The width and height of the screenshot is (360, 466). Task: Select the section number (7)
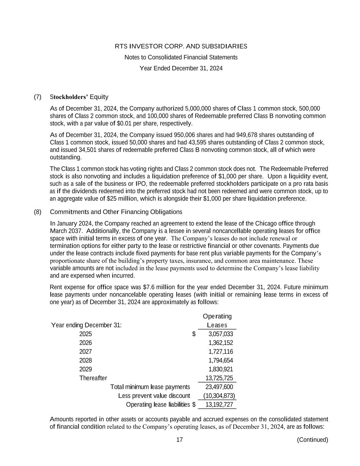[x=38, y=97]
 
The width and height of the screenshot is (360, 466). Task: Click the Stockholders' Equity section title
[x=79, y=97]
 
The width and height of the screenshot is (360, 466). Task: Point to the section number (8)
[x=38, y=212]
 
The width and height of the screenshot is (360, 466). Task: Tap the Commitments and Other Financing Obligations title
[x=116, y=212]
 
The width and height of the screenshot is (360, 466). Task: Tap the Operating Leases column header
[x=217, y=321]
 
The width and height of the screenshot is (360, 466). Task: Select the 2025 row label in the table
[x=86, y=334]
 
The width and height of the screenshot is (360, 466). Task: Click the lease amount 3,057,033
[x=220, y=334]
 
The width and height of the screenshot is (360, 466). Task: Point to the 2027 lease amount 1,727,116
[x=220, y=352]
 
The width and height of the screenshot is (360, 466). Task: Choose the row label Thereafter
[x=93, y=378]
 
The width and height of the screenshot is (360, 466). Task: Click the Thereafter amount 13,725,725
[x=219, y=378]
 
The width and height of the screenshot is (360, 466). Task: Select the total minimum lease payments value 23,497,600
[x=219, y=387]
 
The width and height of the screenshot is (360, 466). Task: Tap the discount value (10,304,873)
[x=219, y=396]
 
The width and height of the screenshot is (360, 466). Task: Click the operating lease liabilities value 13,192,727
[x=219, y=405]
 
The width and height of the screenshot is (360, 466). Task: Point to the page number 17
[x=179, y=440]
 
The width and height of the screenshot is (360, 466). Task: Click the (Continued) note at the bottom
[x=312, y=440]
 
